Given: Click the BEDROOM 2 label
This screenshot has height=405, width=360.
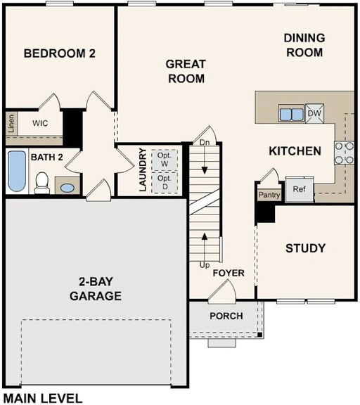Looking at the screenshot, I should point(59,53).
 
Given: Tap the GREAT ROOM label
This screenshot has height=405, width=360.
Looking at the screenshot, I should point(185,71).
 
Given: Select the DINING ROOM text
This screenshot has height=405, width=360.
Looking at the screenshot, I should point(304,45).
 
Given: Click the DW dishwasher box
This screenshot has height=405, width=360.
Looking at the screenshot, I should point(314,113).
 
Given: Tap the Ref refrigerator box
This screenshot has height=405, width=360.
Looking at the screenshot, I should point(299,189).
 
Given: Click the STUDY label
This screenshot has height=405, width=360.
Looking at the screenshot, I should point(305,248).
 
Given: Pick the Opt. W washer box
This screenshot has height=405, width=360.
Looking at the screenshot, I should point(164,159).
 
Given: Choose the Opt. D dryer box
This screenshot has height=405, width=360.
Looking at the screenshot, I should point(164,182).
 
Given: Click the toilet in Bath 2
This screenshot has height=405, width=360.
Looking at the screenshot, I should point(41,183).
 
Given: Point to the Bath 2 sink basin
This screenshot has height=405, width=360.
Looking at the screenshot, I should point(66,188).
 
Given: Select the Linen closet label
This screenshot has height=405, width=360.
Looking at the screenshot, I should point(11,122).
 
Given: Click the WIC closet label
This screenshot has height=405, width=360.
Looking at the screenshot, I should point(39,123).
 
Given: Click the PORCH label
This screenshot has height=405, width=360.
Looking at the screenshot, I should point(226,316).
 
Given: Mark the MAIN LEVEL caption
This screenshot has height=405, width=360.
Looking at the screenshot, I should point(42,398).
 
